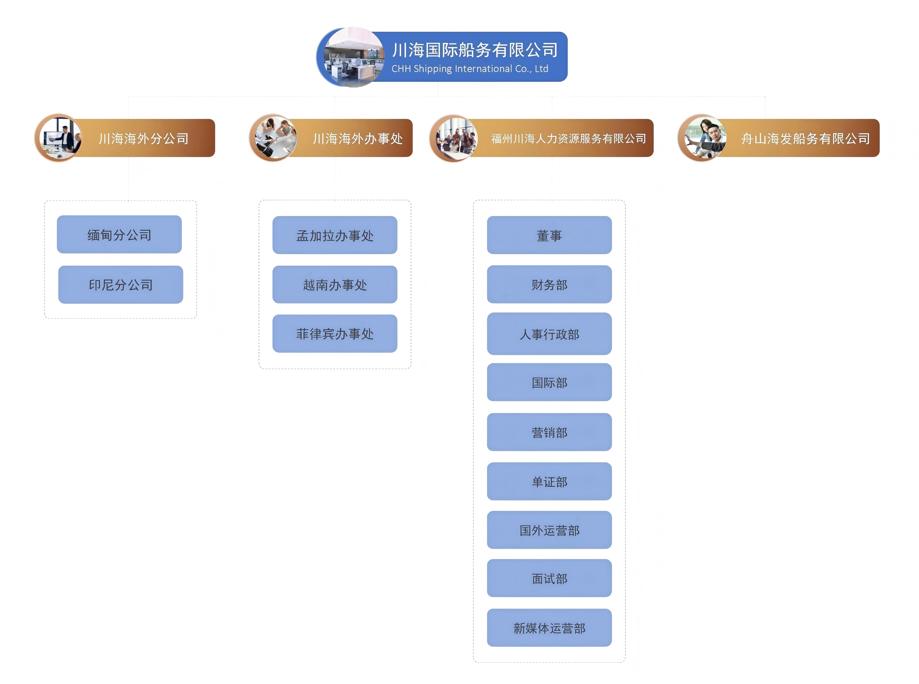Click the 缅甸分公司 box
(x=119, y=234)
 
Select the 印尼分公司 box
(x=121, y=284)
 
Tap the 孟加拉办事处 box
(x=335, y=235)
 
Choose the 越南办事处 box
(x=335, y=284)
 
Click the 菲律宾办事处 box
(x=335, y=334)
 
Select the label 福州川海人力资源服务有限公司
(x=569, y=138)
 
